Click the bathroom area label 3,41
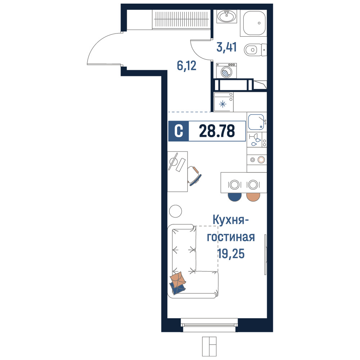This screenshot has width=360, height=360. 226,47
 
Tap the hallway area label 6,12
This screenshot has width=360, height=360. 186,66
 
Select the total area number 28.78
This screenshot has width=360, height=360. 217,131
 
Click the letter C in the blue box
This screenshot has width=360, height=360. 179,131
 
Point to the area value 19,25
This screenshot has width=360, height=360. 231,254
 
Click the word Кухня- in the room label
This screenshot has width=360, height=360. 231,220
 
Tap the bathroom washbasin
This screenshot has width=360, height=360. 226,16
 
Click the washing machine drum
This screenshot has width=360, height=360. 226,72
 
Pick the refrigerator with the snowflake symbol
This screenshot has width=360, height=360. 224,102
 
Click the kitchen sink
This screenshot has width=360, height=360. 256,122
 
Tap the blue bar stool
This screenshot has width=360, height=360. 235,197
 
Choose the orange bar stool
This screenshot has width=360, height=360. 253,197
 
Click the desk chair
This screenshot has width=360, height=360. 194,176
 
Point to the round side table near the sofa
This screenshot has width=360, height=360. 175,211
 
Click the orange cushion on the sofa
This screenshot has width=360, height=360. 178,279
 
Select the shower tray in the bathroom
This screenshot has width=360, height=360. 254,23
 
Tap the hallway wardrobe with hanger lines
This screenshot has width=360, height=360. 181,19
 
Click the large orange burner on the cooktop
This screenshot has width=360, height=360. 261,160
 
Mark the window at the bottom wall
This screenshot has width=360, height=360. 209,325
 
